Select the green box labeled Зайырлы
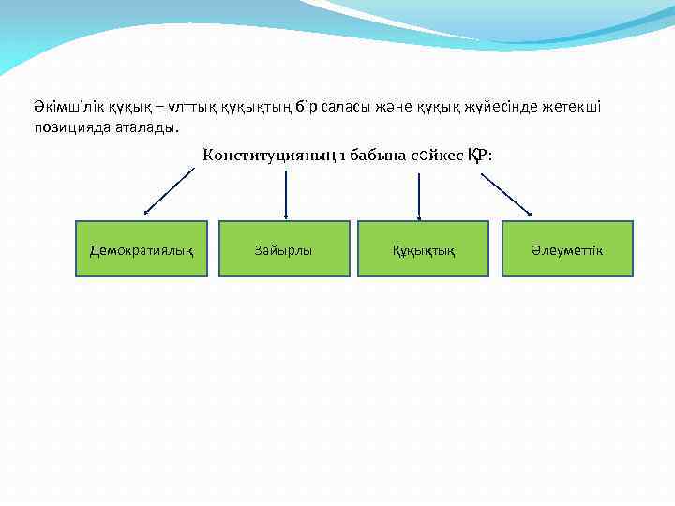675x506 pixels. [284, 248]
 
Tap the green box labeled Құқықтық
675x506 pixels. [424, 248]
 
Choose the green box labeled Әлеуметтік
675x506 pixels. [567, 248]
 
